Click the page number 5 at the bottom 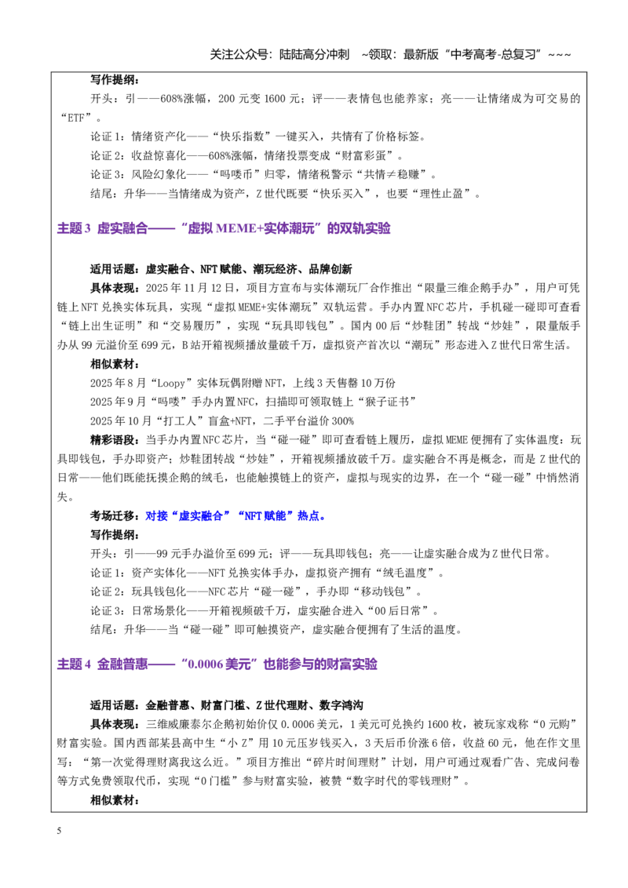click(x=59, y=831)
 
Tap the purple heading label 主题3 click(x=74, y=228)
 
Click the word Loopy click(x=171, y=384)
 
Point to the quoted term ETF click(x=76, y=118)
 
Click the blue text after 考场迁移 click(x=235, y=516)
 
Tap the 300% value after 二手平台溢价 click(x=342, y=421)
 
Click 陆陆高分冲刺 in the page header click(x=315, y=54)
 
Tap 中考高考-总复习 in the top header click(x=493, y=54)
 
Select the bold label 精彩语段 click(x=112, y=440)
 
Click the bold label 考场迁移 click(x=112, y=516)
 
